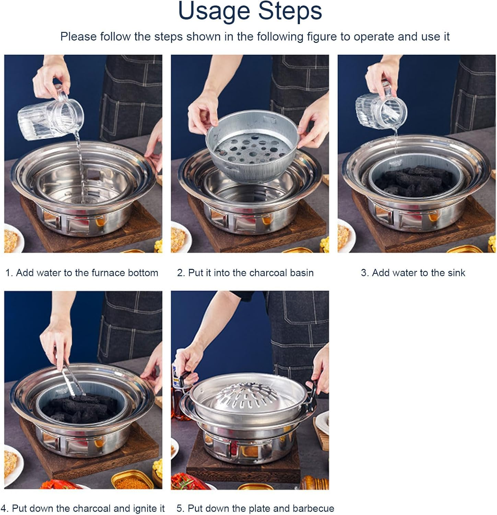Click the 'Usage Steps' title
point(250,11)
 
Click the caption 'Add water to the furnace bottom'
point(82,273)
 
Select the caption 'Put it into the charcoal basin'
point(245,273)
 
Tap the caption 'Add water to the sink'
point(413,273)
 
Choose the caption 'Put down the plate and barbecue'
point(255,508)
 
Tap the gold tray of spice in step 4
point(132,481)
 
